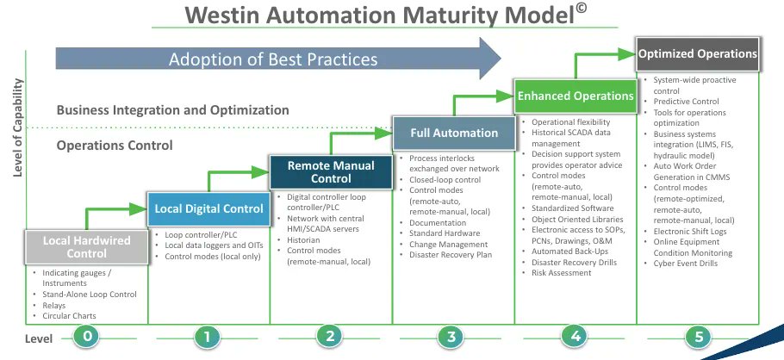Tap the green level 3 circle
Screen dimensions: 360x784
click(452, 338)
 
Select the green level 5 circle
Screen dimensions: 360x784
click(699, 338)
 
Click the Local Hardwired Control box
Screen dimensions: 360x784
click(87, 245)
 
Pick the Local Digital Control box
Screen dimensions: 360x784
click(208, 208)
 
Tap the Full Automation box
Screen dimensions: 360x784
click(453, 133)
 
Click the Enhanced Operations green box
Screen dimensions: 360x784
click(576, 96)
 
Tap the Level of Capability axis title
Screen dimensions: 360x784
click(17, 126)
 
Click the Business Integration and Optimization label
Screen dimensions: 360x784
click(172, 110)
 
